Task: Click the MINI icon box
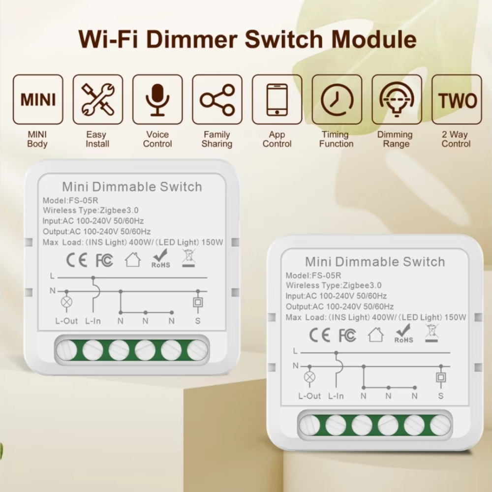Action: [38, 99]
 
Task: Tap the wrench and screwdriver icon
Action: [98, 99]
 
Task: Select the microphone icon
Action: [157, 99]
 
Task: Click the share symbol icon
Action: [217, 100]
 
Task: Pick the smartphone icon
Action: [277, 99]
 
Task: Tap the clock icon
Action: [337, 100]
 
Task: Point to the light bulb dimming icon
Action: [397, 99]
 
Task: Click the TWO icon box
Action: [457, 99]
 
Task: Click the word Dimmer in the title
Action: [192, 39]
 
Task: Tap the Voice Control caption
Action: [157, 139]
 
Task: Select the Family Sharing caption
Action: [217, 139]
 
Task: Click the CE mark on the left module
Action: [77, 260]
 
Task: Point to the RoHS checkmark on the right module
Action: [403, 334]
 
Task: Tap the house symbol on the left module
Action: [133, 259]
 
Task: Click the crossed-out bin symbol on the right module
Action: [431, 333]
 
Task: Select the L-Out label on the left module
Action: [66, 321]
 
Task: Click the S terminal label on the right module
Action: [440, 396]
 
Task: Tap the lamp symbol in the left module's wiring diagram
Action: [66, 302]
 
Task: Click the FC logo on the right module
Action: [347, 335]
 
